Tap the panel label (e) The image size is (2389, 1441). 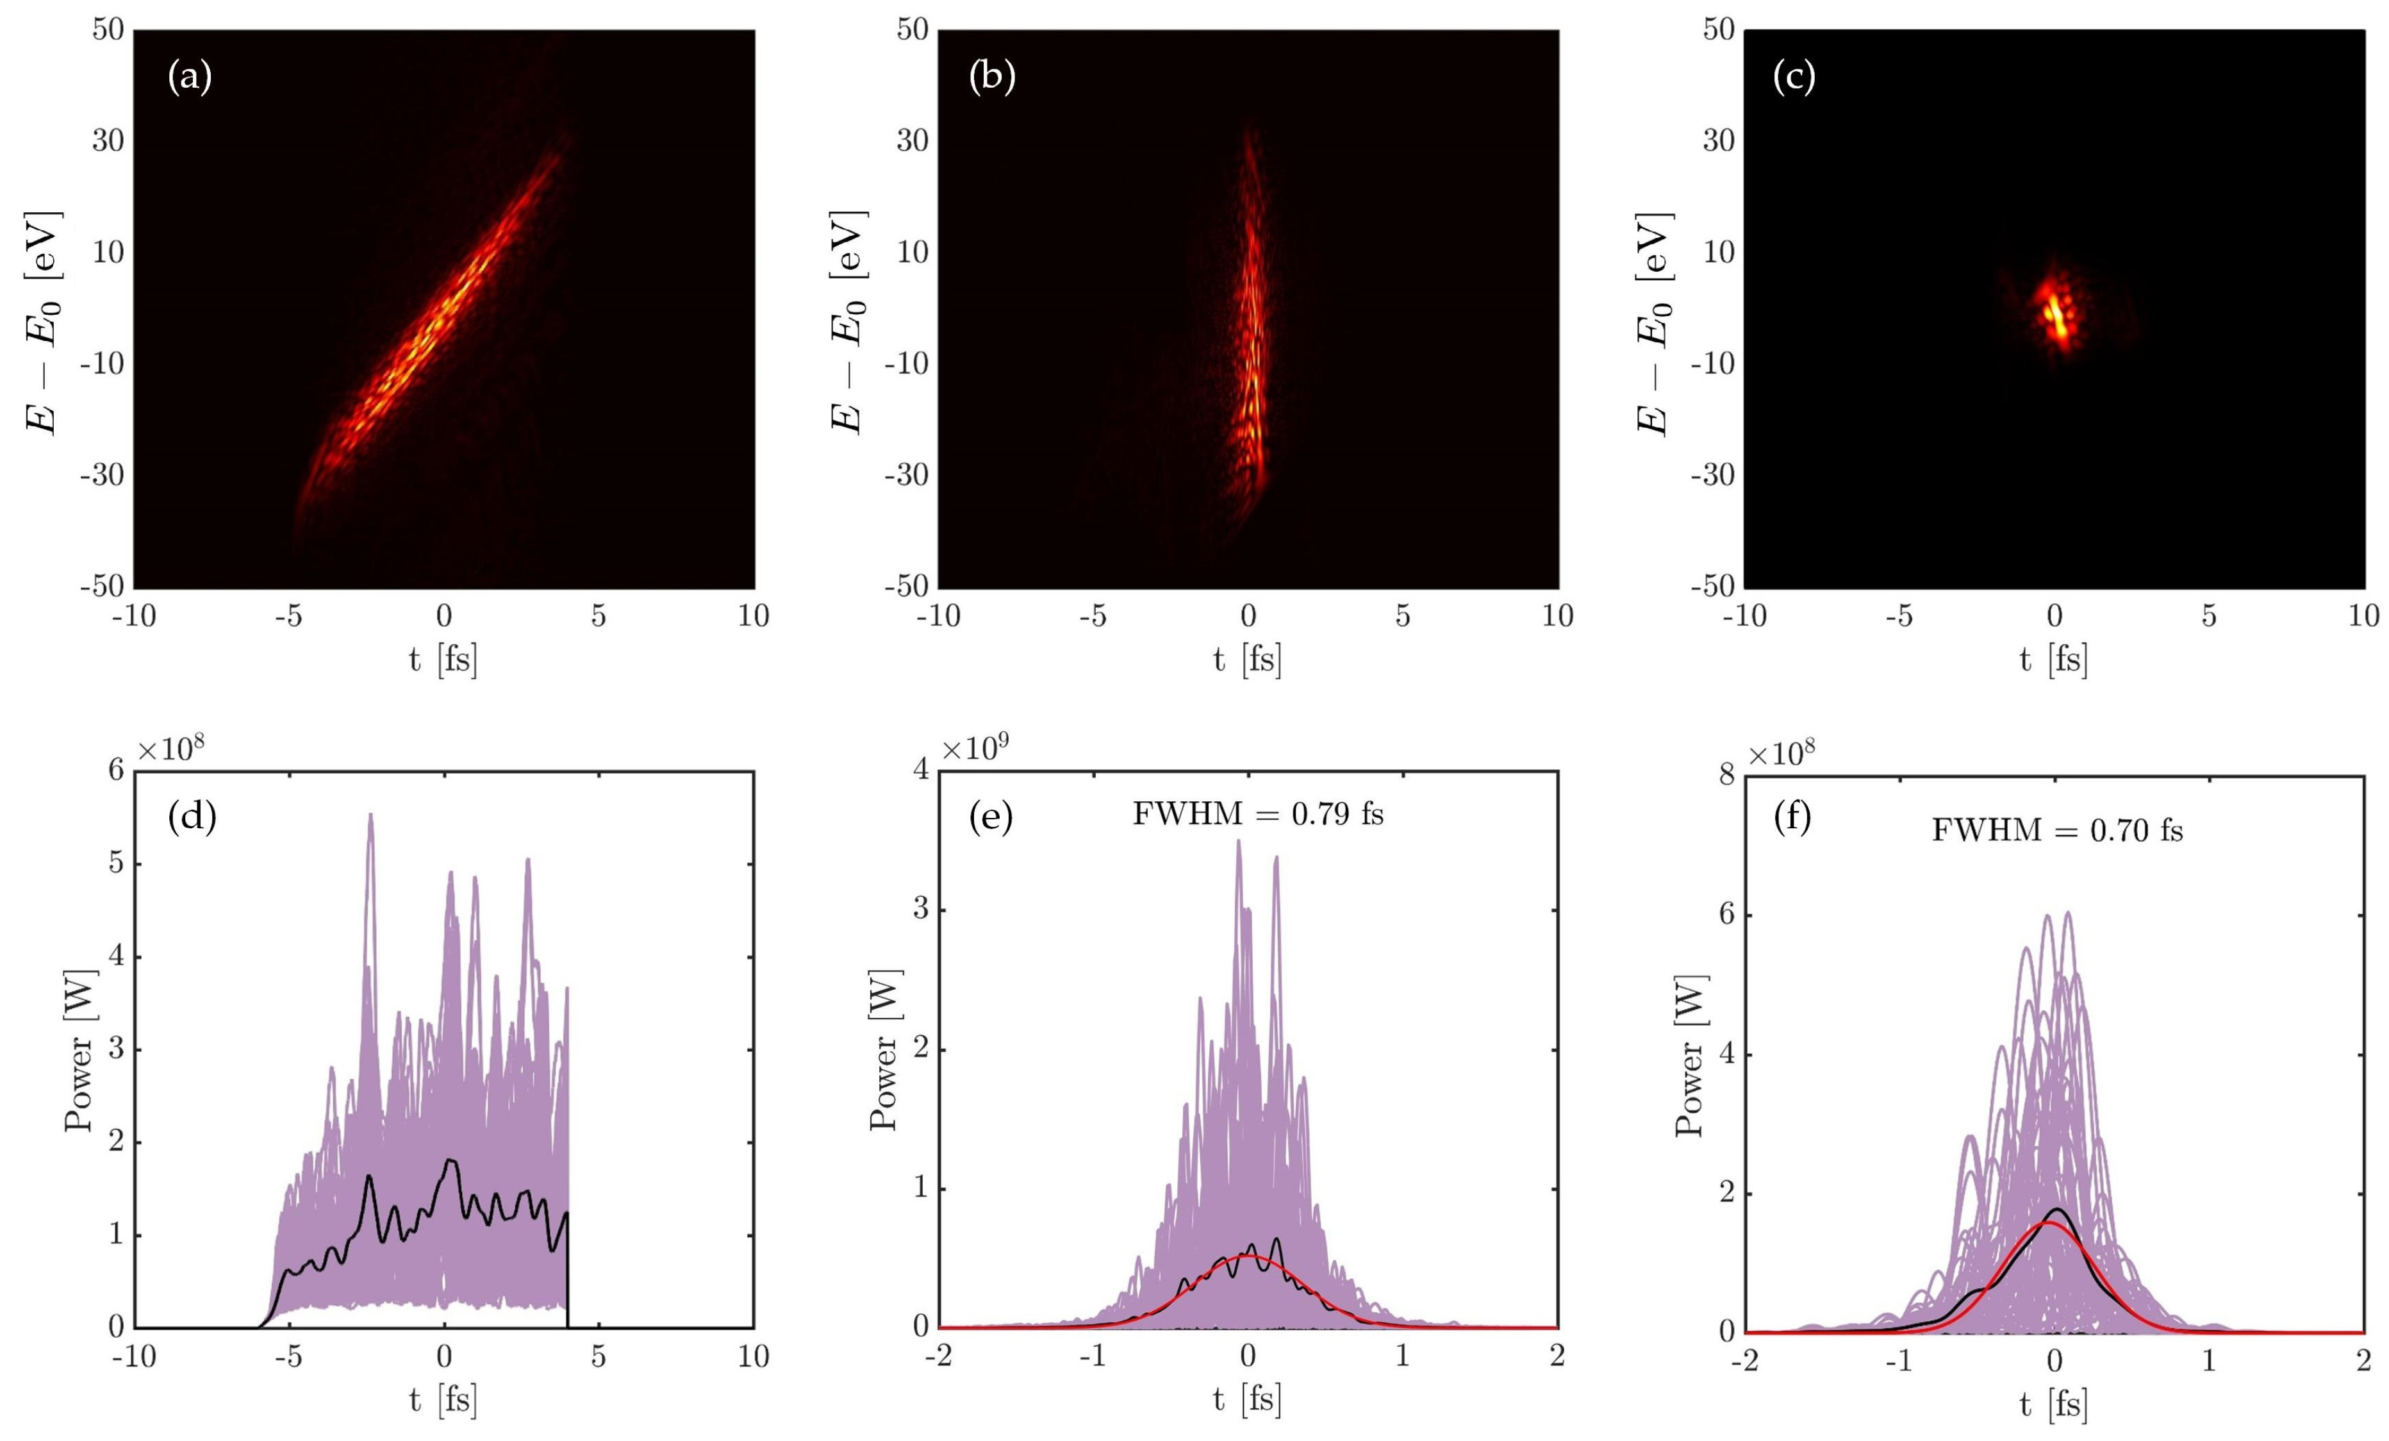pyautogui.click(x=991, y=817)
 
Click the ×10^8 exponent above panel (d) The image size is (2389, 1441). pyautogui.click(x=170, y=749)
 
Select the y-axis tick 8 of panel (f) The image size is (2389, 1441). pyautogui.click(x=1726, y=776)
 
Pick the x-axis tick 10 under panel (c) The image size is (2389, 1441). pyautogui.click(x=2363, y=616)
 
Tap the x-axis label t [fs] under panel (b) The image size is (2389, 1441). pyautogui.click(x=1248, y=660)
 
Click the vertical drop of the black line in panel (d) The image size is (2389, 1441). pyautogui.click(x=567, y=1270)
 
